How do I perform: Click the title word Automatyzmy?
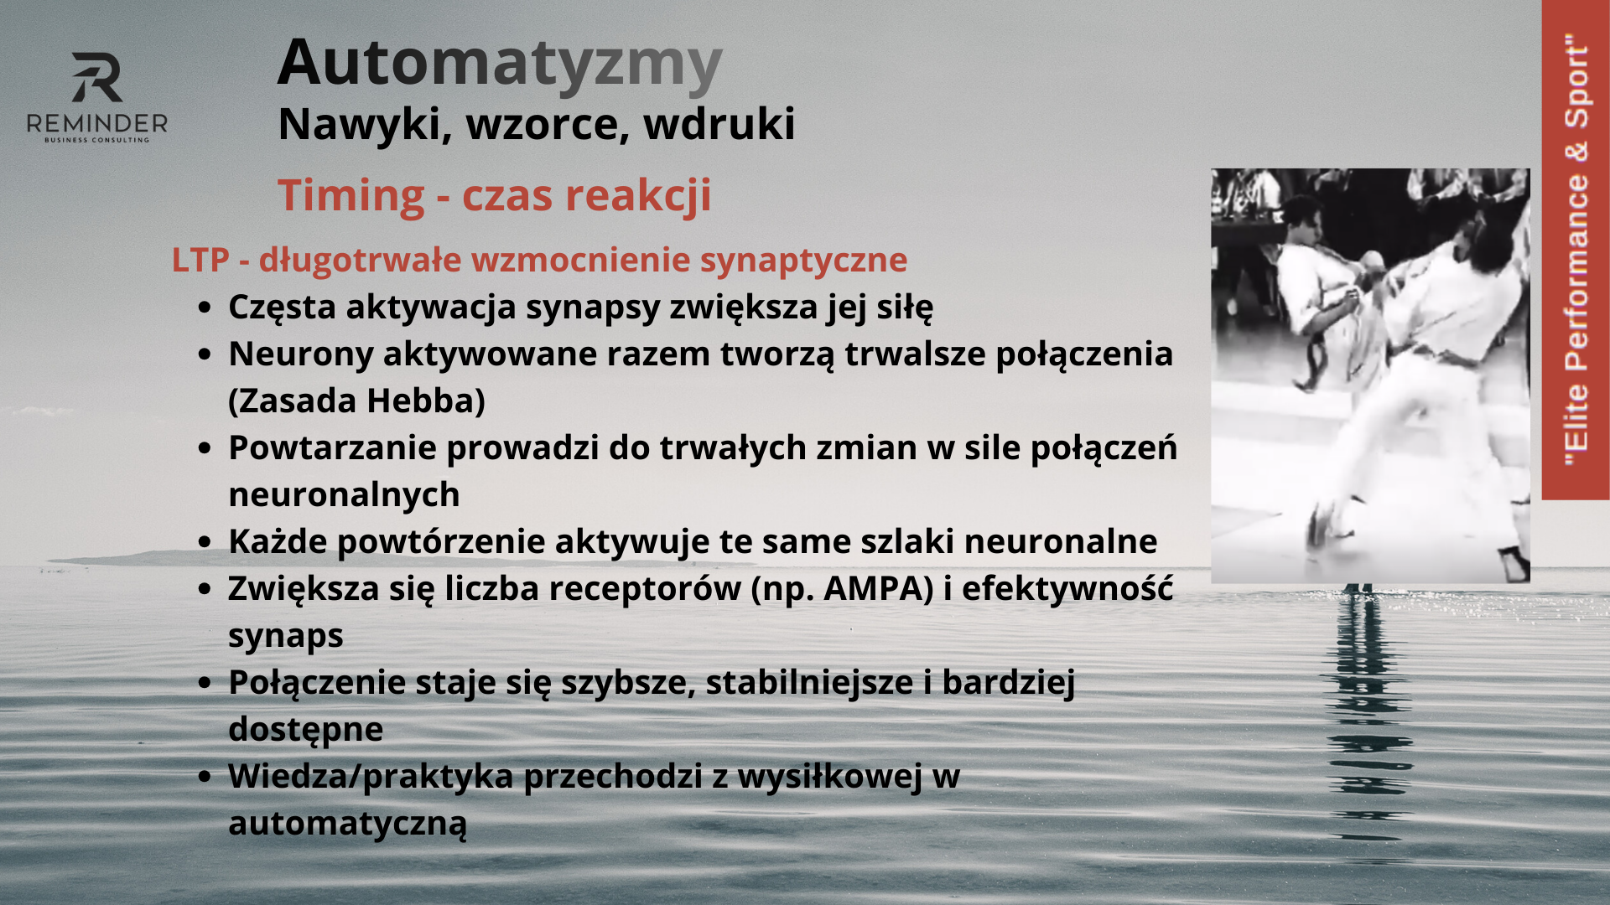tap(500, 64)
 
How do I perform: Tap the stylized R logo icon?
tap(97, 77)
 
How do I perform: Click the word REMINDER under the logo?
tap(97, 124)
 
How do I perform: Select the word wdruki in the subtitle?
tap(719, 124)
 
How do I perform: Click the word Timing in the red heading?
tap(351, 196)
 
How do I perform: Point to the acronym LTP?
tap(200, 260)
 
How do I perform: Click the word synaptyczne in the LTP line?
tap(803, 261)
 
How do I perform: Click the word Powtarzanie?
tap(332, 447)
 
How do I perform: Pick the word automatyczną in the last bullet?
tap(347, 824)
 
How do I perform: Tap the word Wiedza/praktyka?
tap(371, 777)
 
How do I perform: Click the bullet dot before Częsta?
tap(204, 308)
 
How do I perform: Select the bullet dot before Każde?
tap(204, 543)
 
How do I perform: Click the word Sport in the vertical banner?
tap(1576, 82)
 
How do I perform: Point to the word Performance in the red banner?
tap(1576, 272)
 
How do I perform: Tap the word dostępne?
tap(305, 730)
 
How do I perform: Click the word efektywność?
tap(1067, 588)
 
